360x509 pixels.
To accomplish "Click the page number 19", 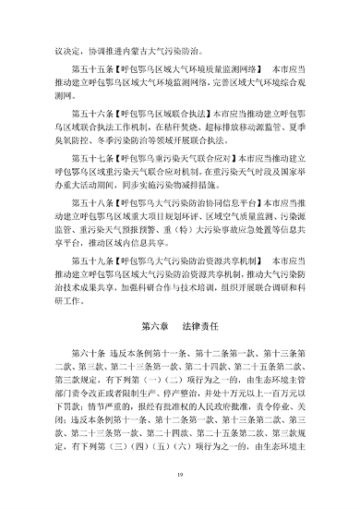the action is pyautogui.click(x=180, y=475).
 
